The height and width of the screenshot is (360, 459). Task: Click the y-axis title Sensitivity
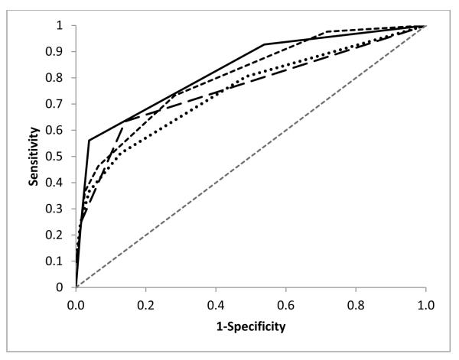click(33, 157)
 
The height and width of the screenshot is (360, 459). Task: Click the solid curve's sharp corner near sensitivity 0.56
click(90, 141)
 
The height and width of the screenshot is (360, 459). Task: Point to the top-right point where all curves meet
click(425, 26)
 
